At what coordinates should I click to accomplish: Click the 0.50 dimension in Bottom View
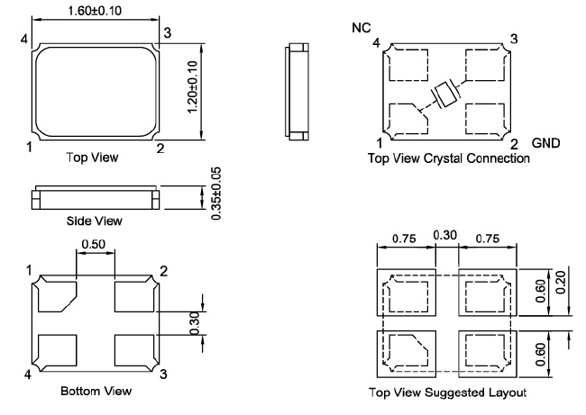pyautogui.click(x=92, y=244)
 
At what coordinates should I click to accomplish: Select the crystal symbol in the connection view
pyautogui.click(x=445, y=93)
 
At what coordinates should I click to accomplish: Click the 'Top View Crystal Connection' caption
pyautogui.click(x=449, y=158)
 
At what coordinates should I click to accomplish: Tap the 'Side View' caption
pyautogui.click(x=95, y=221)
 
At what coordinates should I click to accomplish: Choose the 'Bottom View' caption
pyautogui.click(x=96, y=392)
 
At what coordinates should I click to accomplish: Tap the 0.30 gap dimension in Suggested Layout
pyautogui.click(x=445, y=236)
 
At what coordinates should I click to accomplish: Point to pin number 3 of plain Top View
pyautogui.click(x=167, y=33)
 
